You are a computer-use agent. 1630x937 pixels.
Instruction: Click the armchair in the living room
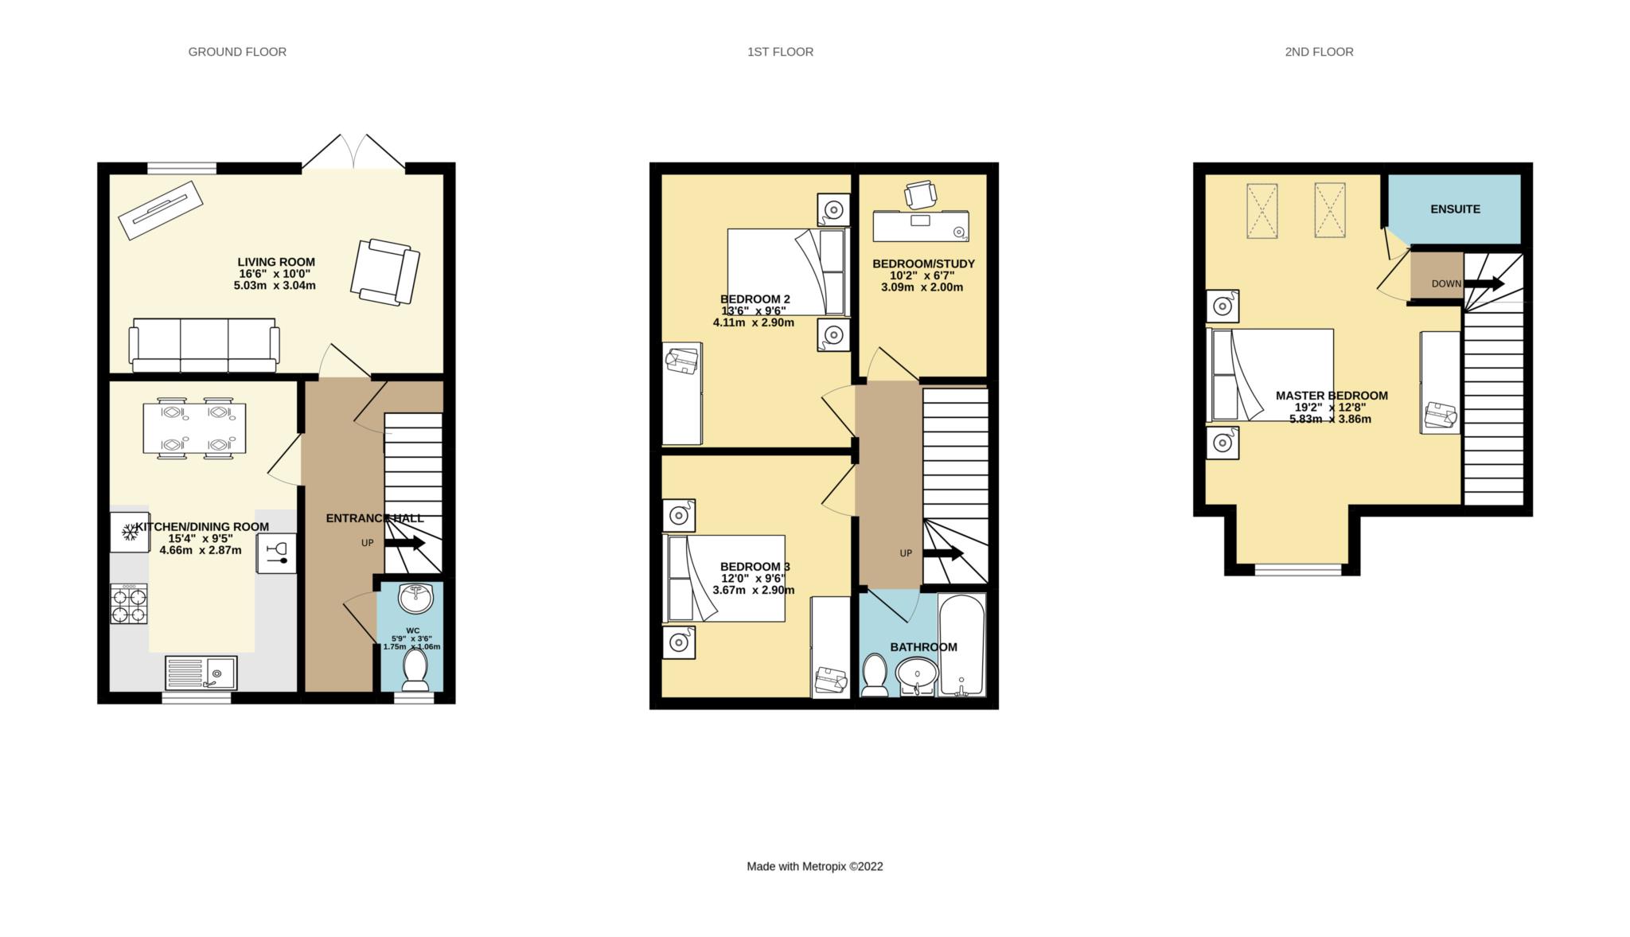point(385,271)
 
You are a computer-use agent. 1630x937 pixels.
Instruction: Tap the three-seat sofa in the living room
point(205,346)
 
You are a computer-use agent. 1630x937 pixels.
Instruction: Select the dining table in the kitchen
point(194,428)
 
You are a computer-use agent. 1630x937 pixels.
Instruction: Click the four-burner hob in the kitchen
point(129,603)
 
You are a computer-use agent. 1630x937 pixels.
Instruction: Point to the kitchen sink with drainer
point(201,673)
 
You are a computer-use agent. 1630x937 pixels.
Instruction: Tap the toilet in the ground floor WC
point(415,670)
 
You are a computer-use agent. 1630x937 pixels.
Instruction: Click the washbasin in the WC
point(415,597)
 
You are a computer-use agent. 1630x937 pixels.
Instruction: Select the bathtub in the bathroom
point(961,645)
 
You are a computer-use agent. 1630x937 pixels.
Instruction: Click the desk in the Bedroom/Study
point(921,225)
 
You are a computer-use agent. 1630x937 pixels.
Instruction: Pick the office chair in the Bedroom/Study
point(919,193)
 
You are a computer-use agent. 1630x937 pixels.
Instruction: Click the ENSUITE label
point(1455,209)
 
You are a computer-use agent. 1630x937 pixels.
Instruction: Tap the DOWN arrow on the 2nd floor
point(1484,283)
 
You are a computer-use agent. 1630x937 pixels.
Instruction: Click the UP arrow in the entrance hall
point(405,543)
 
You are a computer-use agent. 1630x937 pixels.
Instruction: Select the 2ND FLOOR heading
point(1319,52)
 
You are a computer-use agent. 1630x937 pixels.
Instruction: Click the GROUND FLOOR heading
point(237,52)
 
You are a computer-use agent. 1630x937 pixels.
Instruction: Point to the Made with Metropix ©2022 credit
point(815,866)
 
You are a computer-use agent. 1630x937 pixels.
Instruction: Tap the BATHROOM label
point(923,647)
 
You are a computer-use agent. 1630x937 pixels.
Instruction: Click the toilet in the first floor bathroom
point(875,675)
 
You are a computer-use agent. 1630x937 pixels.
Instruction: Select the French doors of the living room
point(353,151)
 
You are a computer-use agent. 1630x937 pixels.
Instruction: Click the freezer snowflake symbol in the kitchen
point(129,532)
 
